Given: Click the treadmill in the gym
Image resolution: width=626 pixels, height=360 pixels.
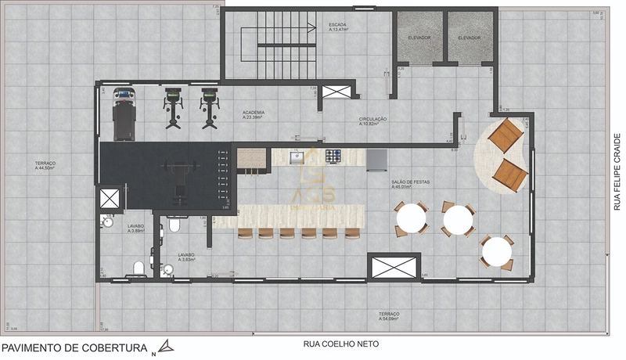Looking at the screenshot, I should pos(124,113).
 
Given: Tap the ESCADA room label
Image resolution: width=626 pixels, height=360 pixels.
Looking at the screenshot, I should pos(338,27).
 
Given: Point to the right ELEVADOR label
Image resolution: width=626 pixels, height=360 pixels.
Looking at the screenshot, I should pos(469,38).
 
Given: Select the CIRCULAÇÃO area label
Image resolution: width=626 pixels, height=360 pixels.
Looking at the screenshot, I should pos(372,121).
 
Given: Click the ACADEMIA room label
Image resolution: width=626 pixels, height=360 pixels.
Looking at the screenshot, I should pos(253,114).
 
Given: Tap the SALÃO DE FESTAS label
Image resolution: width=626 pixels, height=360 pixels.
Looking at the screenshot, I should pos(408,185).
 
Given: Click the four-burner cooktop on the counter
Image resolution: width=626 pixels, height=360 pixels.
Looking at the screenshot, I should pos(334,156).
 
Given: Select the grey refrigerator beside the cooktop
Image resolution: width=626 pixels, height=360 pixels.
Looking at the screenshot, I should pos(376,159).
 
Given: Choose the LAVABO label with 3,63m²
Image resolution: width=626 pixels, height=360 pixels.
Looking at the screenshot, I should pos(185,257).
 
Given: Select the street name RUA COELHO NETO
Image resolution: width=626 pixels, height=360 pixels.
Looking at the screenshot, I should pos(341,344).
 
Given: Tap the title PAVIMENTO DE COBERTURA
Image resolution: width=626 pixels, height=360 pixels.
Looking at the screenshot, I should pos(74,346).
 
